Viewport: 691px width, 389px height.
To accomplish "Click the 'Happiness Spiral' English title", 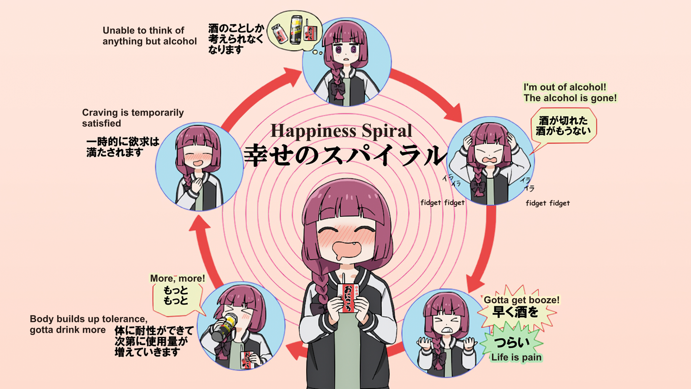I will pyautogui.click(x=341, y=131).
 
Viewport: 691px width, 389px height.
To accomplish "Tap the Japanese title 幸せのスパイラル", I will pyautogui.click(x=345, y=155).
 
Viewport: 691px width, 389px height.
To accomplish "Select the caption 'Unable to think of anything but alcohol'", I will pyautogui.click(x=149, y=36).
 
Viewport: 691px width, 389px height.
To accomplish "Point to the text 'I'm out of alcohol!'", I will pyautogui.click(x=565, y=87).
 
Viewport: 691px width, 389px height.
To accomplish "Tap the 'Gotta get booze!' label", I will pyautogui.click(x=521, y=300).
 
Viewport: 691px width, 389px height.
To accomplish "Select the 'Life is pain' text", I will pyautogui.click(x=516, y=357).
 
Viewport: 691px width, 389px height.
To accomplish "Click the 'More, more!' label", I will pyautogui.click(x=177, y=278).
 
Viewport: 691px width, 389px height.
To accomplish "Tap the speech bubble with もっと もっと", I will pyautogui.click(x=176, y=296).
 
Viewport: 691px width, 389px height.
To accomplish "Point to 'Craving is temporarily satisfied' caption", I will pyautogui.click(x=133, y=118).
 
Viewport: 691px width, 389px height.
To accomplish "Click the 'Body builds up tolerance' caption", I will pyautogui.click(x=89, y=324).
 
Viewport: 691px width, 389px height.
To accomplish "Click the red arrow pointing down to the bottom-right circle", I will pyautogui.click(x=484, y=249).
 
